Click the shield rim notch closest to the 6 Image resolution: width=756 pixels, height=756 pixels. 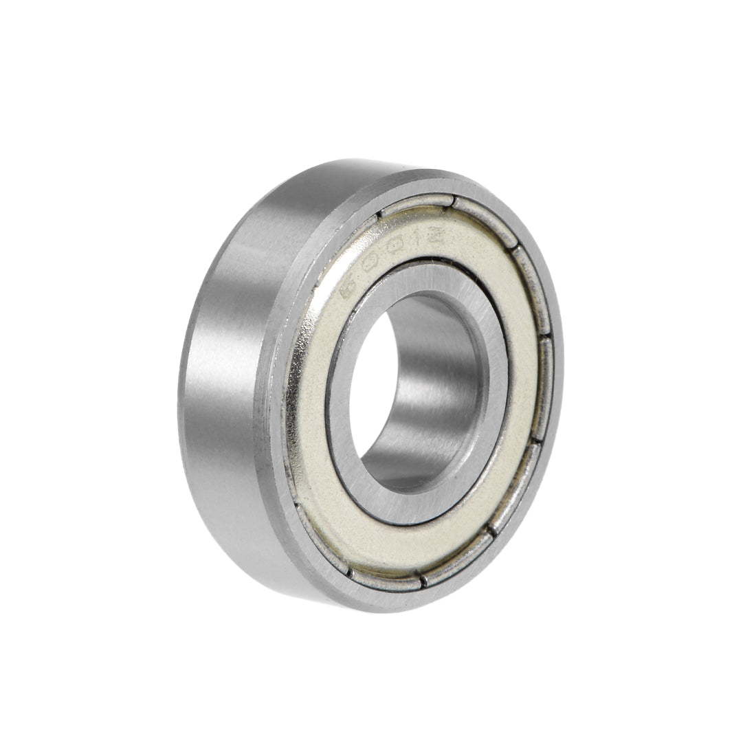point(379,219)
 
